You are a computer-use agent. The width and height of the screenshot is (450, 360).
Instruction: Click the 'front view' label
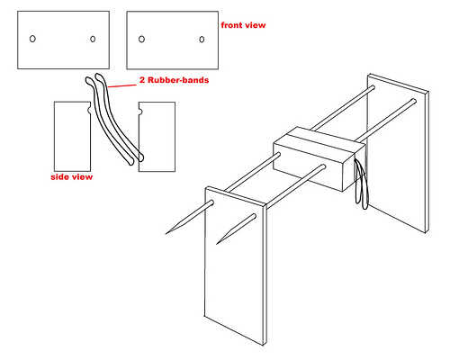click(x=243, y=25)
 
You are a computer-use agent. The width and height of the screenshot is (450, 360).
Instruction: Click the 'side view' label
click(x=72, y=177)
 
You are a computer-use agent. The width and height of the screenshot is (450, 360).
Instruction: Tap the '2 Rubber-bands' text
click(x=174, y=80)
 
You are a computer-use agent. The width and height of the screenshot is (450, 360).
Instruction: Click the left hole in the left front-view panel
click(x=32, y=39)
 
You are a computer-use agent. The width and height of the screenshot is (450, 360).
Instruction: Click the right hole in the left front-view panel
click(x=93, y=39)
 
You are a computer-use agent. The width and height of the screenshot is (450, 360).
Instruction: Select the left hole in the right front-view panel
click(x=141, y=39)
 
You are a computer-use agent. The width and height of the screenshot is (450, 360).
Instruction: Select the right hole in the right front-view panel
click(x=202, y=40)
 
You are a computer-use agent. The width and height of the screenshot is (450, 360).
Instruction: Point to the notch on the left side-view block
click(x=88, y=111)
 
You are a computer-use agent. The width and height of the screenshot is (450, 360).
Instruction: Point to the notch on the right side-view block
click(x=140, y=112)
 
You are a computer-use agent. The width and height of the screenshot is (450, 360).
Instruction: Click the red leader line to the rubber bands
click(x=121, y=86)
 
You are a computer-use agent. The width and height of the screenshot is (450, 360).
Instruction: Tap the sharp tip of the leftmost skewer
click(x=166, y=233)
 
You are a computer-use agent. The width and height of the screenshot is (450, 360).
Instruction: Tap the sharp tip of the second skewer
click(x=217, y=243)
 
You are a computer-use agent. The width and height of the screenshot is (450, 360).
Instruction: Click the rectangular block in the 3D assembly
click(x=319, y=158)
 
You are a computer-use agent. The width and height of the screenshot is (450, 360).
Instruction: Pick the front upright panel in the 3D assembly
click(x=236, y=265)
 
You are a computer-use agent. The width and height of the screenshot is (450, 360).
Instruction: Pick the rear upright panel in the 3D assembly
click(x=399, y=153)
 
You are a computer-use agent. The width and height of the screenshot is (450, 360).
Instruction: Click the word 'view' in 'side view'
click(x=81, y=177)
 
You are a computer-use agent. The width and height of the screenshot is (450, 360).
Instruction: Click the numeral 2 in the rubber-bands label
click(x=142, y=80)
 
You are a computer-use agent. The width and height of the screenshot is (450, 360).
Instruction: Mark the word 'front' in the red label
click(x=231, y=25)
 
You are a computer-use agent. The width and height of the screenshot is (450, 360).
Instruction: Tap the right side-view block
click(x=157, y=137)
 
